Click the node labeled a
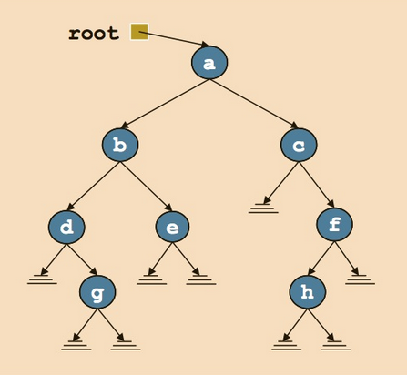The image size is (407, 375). pyautogui.click(x=209, y=63)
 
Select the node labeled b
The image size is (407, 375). pyautogui.click(x=119, y=145)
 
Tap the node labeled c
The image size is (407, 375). pyautogui.click(x=299, y=145)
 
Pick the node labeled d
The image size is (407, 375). pyautogui.click(x=66, y=227)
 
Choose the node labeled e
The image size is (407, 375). pyautogui.click(x=173, y=227)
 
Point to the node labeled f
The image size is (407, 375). pyautogui.click(x=334, y=224)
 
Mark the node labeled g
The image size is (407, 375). pyautogui.click(x=97, y=292)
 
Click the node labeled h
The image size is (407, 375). pyautogui.click(x=307, y=292)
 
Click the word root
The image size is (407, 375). pyautogui.click(x=94, y=34)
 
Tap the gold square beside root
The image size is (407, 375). pyautogui.click(x=139, y=32)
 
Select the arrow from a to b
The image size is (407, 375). pyautogui.click(x=164, y=104)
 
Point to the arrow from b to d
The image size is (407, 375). pyautogui.click(x=93, y=186)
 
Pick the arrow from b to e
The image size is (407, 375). pyautogui.click(x=146, y=186)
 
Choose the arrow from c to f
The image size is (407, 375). pyautogui.click(x=316, y=185)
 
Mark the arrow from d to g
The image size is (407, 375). pyautogui.click(x=82, y=259)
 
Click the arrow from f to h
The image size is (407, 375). pyautogui.click(x=321, y=258)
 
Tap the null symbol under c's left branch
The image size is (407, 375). pyautogui.click(x=263, y=208)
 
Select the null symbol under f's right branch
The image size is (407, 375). pyautogui.click(x=360, y=279)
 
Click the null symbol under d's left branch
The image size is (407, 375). pyautogui.click(x=42, y=279)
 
